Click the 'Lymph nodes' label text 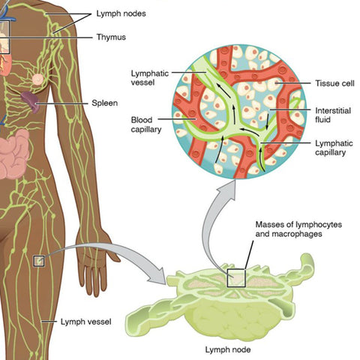(x=121, y=13)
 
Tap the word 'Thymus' (x=111, y=37)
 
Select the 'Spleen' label (x=104, y=103)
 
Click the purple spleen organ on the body (x=31, y=101)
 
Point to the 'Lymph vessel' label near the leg (x=86, y=322)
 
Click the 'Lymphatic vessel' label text (x=150, y=78)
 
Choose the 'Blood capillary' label (x=146, y=124)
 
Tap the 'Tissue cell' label (x=334, y=83)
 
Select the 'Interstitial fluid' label (x=333, y=115)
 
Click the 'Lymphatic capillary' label (x=334, y=148)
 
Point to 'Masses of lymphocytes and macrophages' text (x=298, y=229)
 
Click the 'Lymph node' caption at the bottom (x=228, y=349)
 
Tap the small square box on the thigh (x=39, y=261)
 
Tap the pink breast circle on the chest (x=37, y=79)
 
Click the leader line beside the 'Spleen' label (x=62, y=103)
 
